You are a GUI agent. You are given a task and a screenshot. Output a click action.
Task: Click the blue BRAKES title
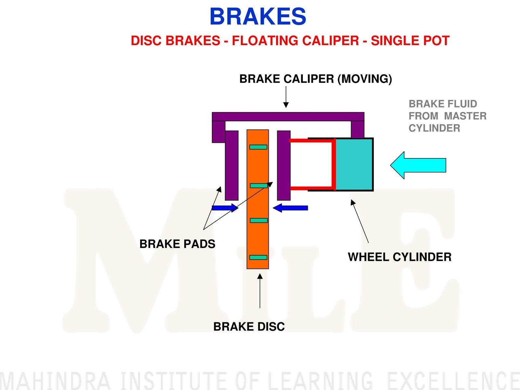[x=258, y=16]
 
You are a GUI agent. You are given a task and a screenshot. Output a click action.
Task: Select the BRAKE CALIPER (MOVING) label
[x=316, y=79]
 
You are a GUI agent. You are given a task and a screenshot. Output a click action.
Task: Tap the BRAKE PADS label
[x=177, y=244]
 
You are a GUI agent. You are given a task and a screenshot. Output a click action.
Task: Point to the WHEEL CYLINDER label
[x=400, y=257]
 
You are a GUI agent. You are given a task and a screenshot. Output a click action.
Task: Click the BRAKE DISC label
[x=249, y=327]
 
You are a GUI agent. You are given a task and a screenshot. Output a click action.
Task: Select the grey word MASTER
[x=465, y=116]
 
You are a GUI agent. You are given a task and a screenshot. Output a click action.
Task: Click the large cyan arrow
[x=418, y=165]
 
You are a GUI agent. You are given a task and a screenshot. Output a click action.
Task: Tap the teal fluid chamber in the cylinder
[x=354, y=165]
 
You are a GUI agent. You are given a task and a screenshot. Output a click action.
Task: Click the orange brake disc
[x=258, y=199]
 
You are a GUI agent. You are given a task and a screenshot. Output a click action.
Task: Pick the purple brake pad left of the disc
[x=232, y=166]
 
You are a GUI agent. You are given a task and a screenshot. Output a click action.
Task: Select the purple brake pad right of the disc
[x=284, y=166]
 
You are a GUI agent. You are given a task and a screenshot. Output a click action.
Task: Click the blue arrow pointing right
[x=225, y=208]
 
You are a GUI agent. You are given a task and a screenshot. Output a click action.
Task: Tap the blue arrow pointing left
[x=291, y=208]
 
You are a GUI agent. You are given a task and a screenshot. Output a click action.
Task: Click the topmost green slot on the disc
[x=258, y=147]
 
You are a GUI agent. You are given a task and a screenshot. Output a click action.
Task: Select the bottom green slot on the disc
[x=258, y=258]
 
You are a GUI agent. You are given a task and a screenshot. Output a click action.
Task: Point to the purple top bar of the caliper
[x=288, y=117]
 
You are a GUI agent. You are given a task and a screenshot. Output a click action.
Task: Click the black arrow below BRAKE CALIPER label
[x=286, y=97]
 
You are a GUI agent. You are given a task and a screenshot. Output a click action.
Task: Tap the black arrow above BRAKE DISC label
[x=260, y=291]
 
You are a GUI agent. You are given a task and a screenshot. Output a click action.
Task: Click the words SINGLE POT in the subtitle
[x=410, y=41]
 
